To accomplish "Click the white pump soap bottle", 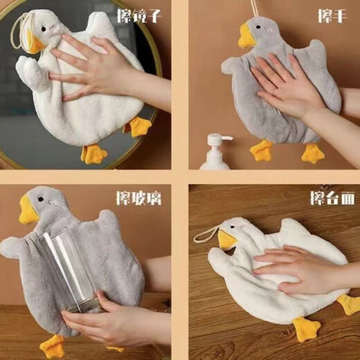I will [215, 154].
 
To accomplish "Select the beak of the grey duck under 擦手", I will [246, 37].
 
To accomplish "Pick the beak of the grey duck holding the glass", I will [28, 211].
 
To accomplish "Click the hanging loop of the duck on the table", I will [205, 234].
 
